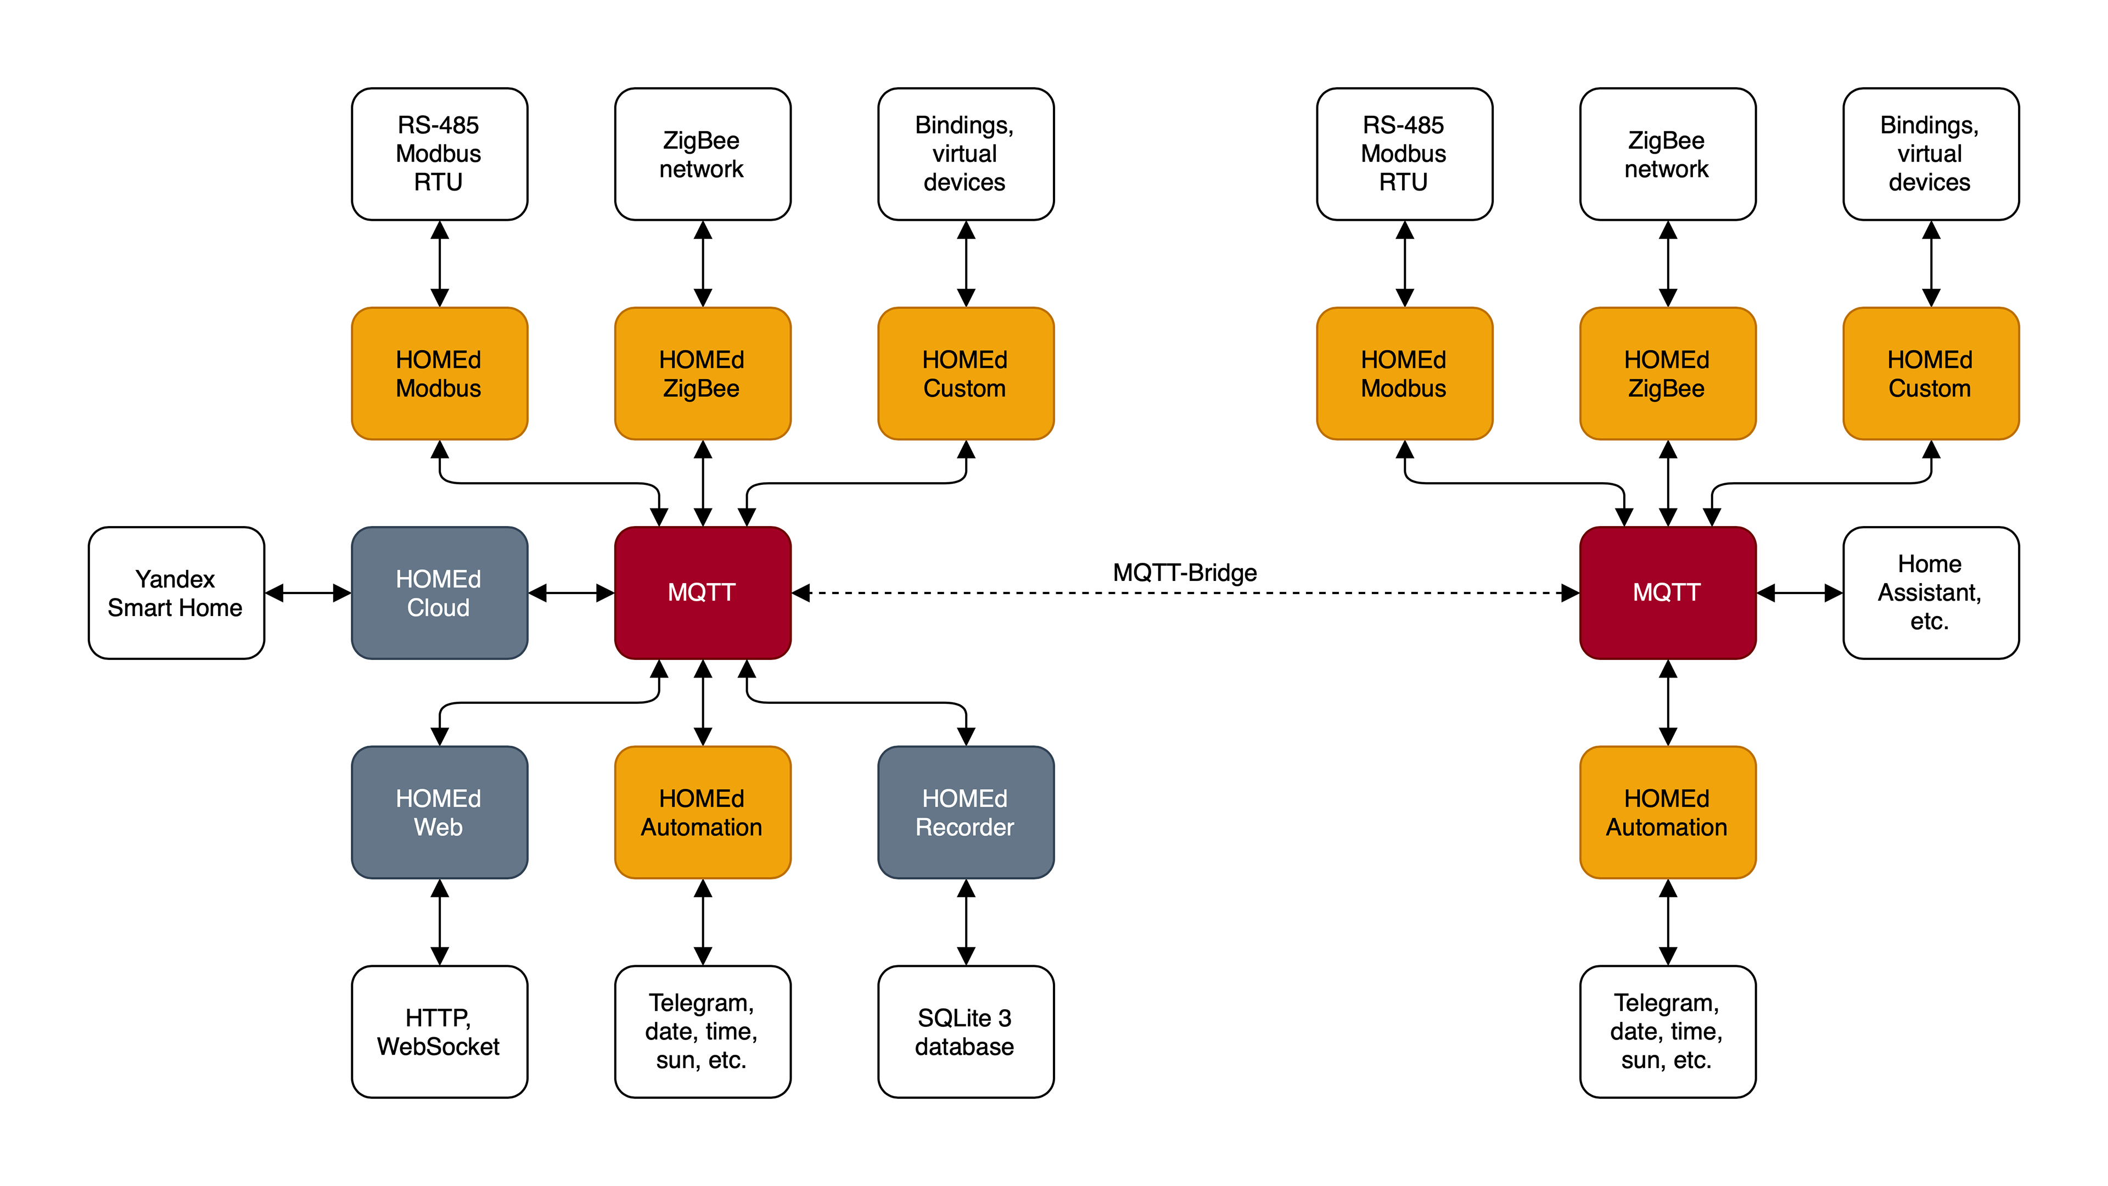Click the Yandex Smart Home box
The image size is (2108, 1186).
point(176,592)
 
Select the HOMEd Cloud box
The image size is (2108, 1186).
point(439,592)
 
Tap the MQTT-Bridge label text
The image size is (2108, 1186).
point(1184,572)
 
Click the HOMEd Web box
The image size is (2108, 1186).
point(439,812)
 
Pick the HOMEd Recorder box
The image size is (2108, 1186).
point(966,812)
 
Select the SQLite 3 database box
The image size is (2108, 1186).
point(966,1031)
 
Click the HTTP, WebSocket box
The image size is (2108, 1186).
point(439,1031)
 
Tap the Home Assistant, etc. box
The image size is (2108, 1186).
point(1931,592)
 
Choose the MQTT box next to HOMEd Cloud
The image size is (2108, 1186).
point(702,592)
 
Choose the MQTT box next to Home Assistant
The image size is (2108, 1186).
point(1667,592)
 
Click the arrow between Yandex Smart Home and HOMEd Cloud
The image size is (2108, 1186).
point(307,592)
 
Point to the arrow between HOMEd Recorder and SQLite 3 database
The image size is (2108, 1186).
point(966,922)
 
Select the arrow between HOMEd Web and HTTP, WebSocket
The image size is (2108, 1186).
point(439,922)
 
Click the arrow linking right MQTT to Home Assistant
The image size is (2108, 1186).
point(1799,592)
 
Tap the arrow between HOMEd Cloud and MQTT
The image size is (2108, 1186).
point(571,592)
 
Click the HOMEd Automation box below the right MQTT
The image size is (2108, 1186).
point(1667,812)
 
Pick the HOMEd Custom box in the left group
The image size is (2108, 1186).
point(966,373)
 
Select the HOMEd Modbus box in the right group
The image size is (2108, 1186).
point(1404,373)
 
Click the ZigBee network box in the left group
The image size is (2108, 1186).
point(702,154)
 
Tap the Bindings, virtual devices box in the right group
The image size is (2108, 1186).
point(1931,154)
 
